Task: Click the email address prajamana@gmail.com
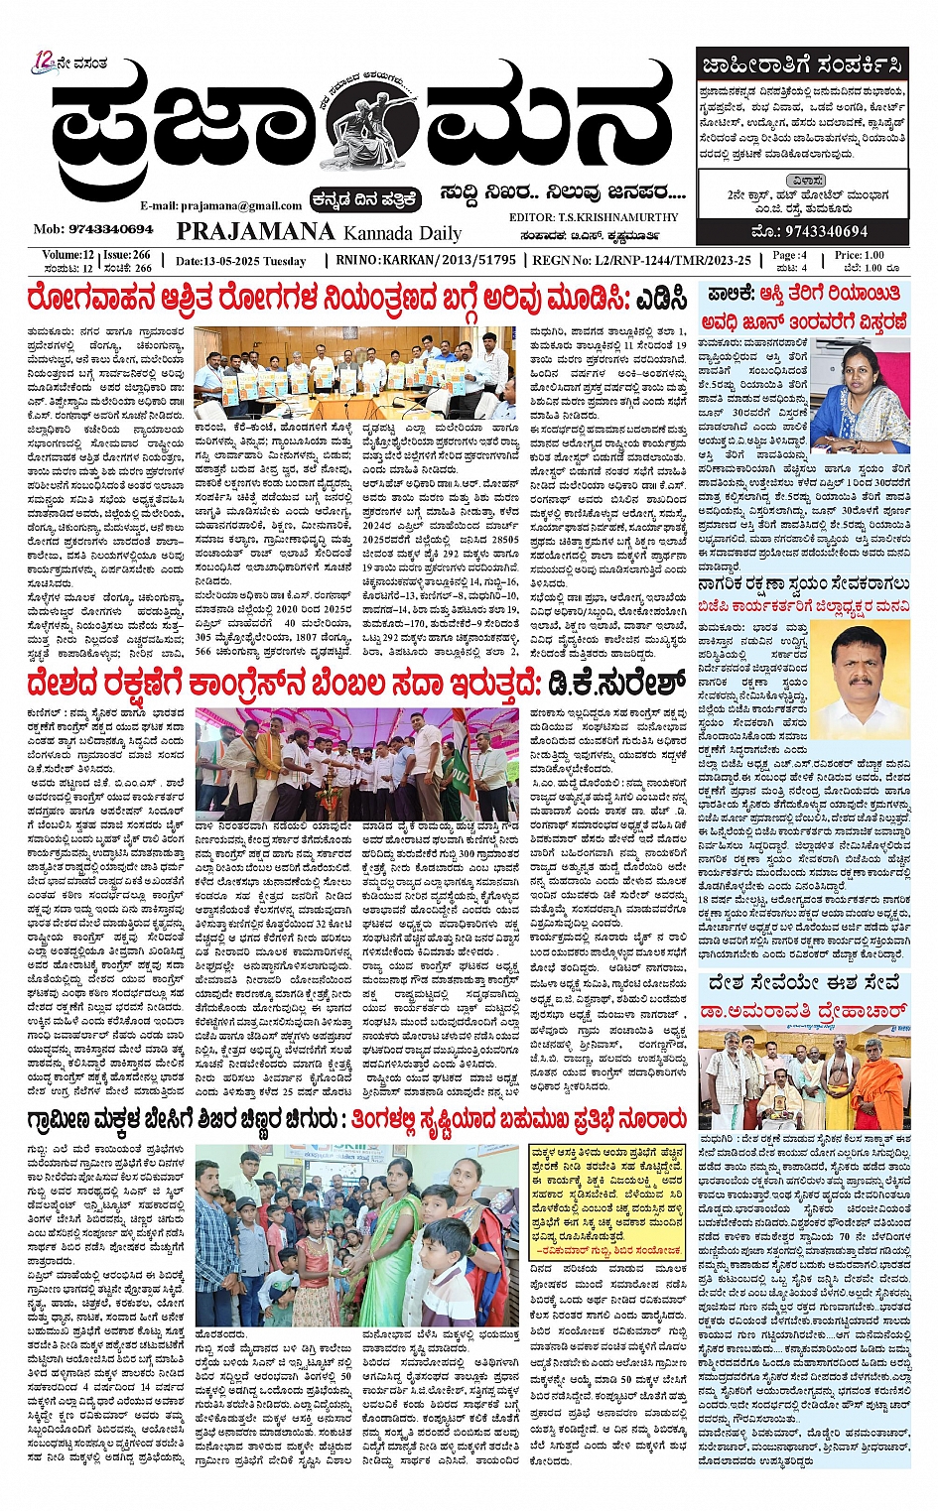click(221, 205)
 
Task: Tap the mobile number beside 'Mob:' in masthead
click(109, 229)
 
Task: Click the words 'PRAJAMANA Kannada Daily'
click(319, 232)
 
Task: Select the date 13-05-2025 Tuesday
click(240, 261)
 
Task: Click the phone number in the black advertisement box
click(802, 231)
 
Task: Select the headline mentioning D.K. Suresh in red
click(356, 684)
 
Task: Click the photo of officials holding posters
click(353, 372)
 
